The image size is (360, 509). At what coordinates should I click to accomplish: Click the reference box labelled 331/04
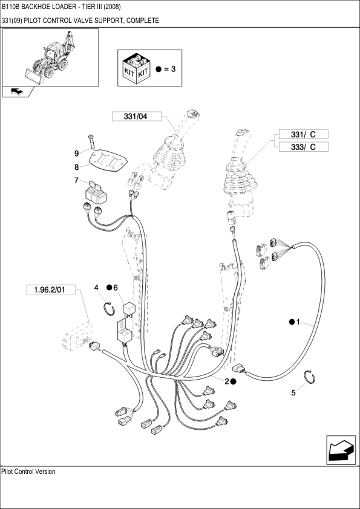tap(137, 116)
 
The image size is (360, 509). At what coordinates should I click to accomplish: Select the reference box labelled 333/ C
tap(304, 147)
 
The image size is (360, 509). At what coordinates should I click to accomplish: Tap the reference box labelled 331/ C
tap(304, 134)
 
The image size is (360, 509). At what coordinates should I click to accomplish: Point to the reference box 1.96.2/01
tap(51, 290)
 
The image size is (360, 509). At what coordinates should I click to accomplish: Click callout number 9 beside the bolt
tap(77, 153)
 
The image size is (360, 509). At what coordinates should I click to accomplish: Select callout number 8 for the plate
tap(77, 167)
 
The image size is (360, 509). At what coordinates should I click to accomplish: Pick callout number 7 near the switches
tap(77, 181)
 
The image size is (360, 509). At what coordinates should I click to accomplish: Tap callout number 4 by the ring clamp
tap(96, 288)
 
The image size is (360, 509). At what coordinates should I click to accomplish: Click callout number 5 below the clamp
tap(293, 393)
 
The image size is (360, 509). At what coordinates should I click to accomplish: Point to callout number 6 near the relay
tap(116, 288)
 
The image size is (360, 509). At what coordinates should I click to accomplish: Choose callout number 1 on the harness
tap(298, 322)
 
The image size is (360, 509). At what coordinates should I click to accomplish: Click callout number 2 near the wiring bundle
tap(227, 382)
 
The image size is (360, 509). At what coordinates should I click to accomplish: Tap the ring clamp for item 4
tap(109, 308)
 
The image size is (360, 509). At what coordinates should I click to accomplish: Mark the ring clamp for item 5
tap(310, 377)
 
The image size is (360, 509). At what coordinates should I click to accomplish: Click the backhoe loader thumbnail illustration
tap(50, 57)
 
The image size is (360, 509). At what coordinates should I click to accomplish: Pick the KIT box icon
tap(136, 70)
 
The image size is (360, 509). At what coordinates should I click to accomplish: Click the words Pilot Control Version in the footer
tap(28, 472)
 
